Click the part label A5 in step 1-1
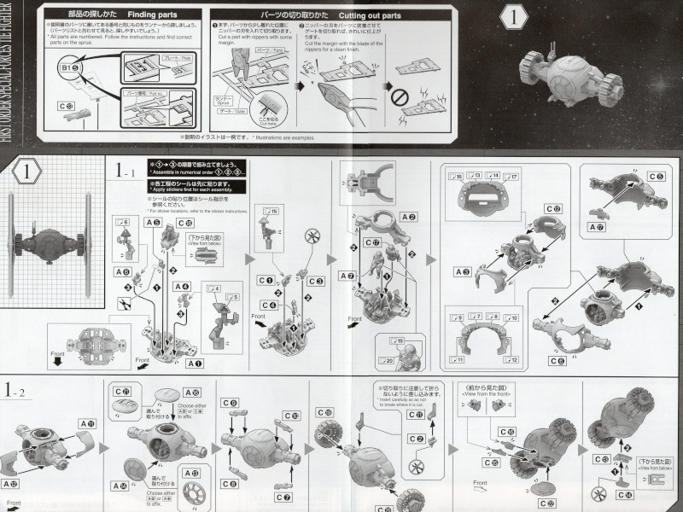click(154, 223)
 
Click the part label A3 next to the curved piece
click(464, 271)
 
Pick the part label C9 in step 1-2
click(229, 403)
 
